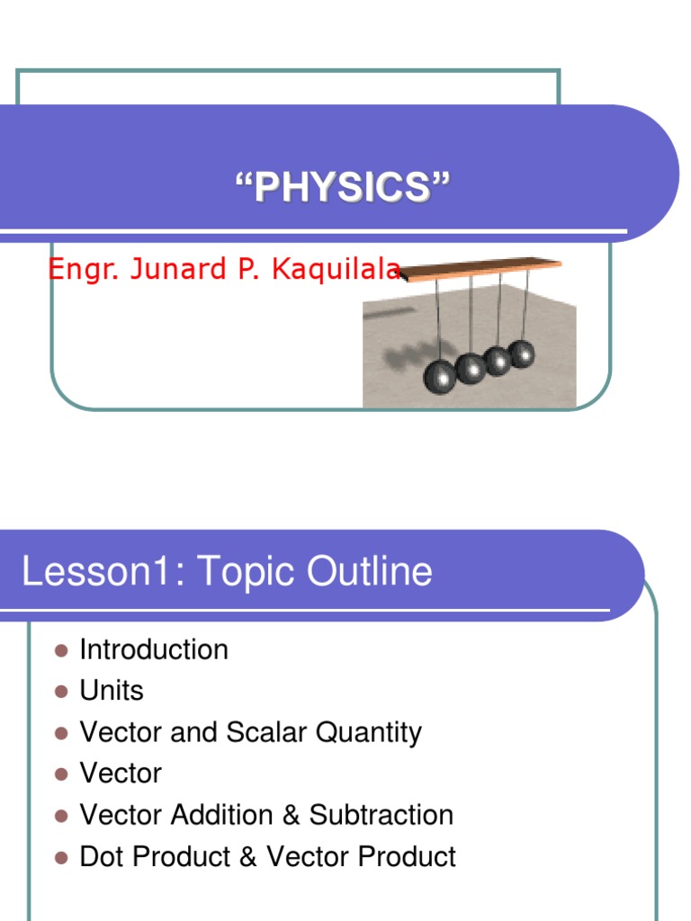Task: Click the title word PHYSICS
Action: click(x=341, y=189)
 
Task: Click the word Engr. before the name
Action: click(x=76, y=269)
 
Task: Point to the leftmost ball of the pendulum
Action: click(x=441, y=375)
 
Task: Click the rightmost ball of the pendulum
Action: click(x=521, y=353)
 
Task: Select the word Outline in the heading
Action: click(x=377, y=572)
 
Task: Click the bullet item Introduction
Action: click(x=154, y=649)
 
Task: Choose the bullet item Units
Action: click(x=112, y=691)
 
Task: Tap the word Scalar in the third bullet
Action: click(x=263, y=732)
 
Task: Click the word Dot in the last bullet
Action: click(x=102, y=856)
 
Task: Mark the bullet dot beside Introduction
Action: click(x=61, y=650)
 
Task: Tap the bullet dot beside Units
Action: click(x=61, y=692)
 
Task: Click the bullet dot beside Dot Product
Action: click(x=61, y=857)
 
